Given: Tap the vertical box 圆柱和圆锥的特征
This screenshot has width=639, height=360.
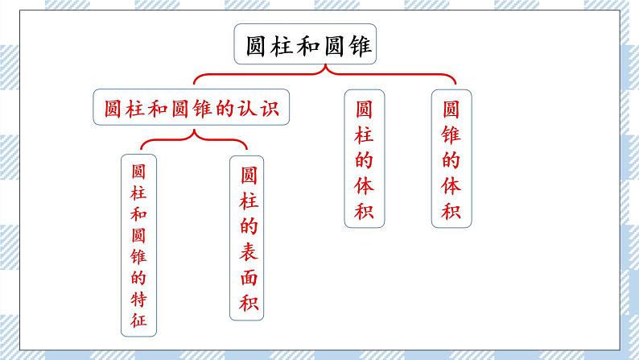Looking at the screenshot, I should [138, 246].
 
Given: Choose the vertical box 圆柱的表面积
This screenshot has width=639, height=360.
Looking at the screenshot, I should [249, 240].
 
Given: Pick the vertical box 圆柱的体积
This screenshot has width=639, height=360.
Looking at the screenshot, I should [363, 159].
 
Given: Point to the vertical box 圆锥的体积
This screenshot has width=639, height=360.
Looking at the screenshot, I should [451, 159].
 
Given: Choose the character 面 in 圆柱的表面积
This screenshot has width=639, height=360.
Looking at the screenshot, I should [249, 279].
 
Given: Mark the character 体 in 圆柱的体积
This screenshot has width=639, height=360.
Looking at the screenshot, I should [363, 185].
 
